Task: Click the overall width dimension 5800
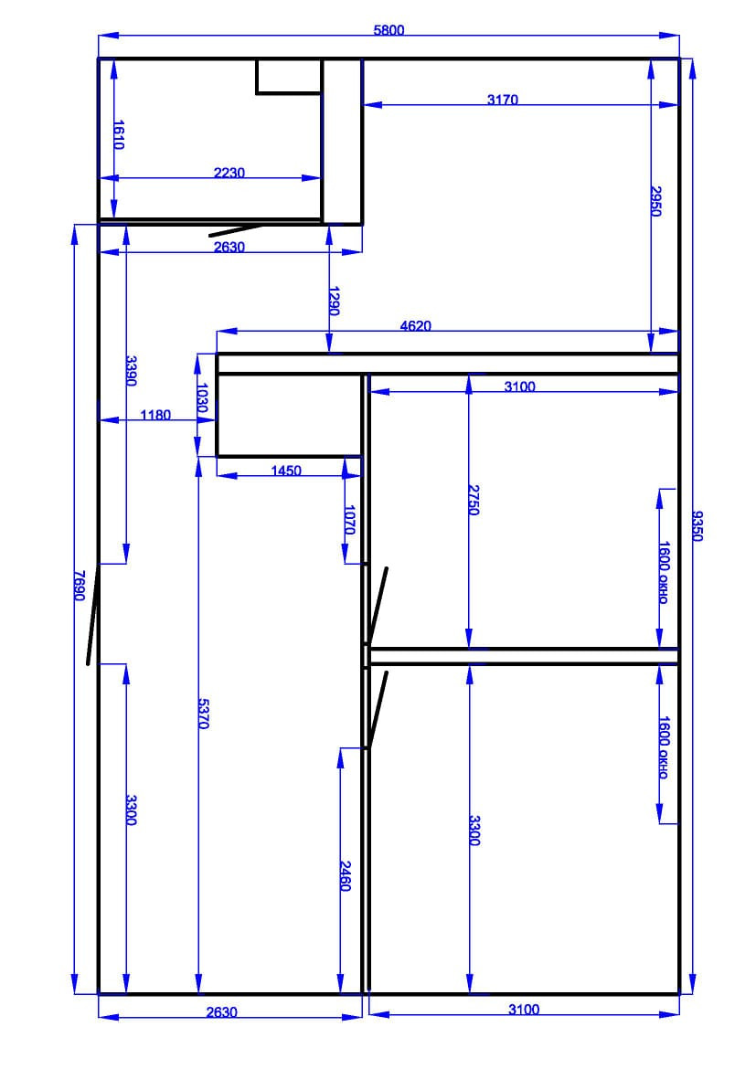point(389,29)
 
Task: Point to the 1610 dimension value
point(118,134)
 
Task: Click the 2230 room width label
point(229,173)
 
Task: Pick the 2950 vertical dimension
point(655,200)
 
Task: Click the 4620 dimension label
point(416,324)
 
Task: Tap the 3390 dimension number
point(131,371)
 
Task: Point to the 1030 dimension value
point(203,401)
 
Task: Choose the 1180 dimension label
point(155,415)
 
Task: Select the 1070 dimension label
point(349,518)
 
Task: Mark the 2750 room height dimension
point(474,500)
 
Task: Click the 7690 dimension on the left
point(80,586)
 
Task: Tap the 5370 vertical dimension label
point(204,714)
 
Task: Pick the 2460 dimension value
point(346,875)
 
